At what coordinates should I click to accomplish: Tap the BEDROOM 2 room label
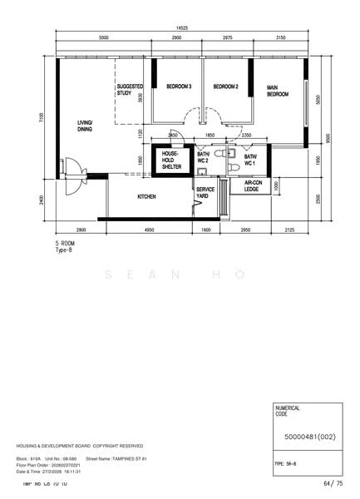click(x=225, y=86)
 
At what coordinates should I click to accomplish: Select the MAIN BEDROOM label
click(x=277, y=91)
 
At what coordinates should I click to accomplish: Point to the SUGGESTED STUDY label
click(x=131, y=90)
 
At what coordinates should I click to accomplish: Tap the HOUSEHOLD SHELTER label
click(x=170, y=161)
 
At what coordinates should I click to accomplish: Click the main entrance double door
click(x=73, y=166)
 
